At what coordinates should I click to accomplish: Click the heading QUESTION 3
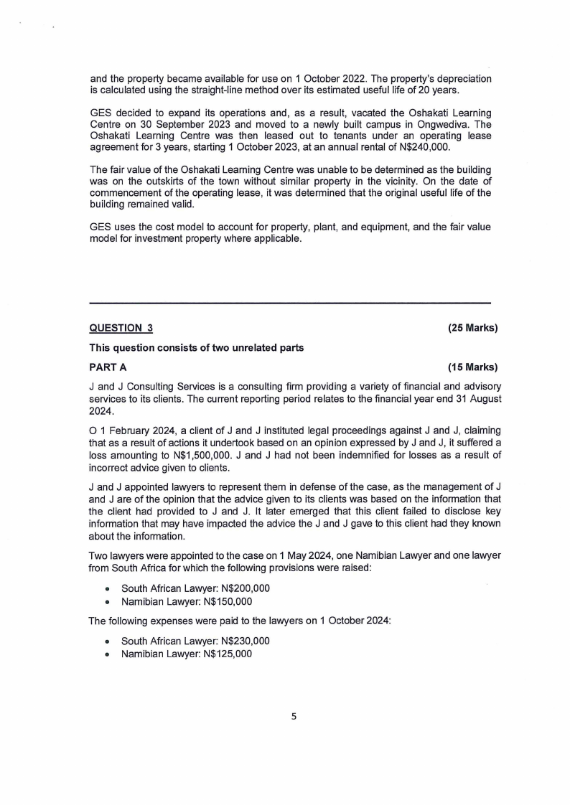(121, 329)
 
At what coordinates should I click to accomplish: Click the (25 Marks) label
(472, 329)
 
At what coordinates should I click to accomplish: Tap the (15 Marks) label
(472, 367)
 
